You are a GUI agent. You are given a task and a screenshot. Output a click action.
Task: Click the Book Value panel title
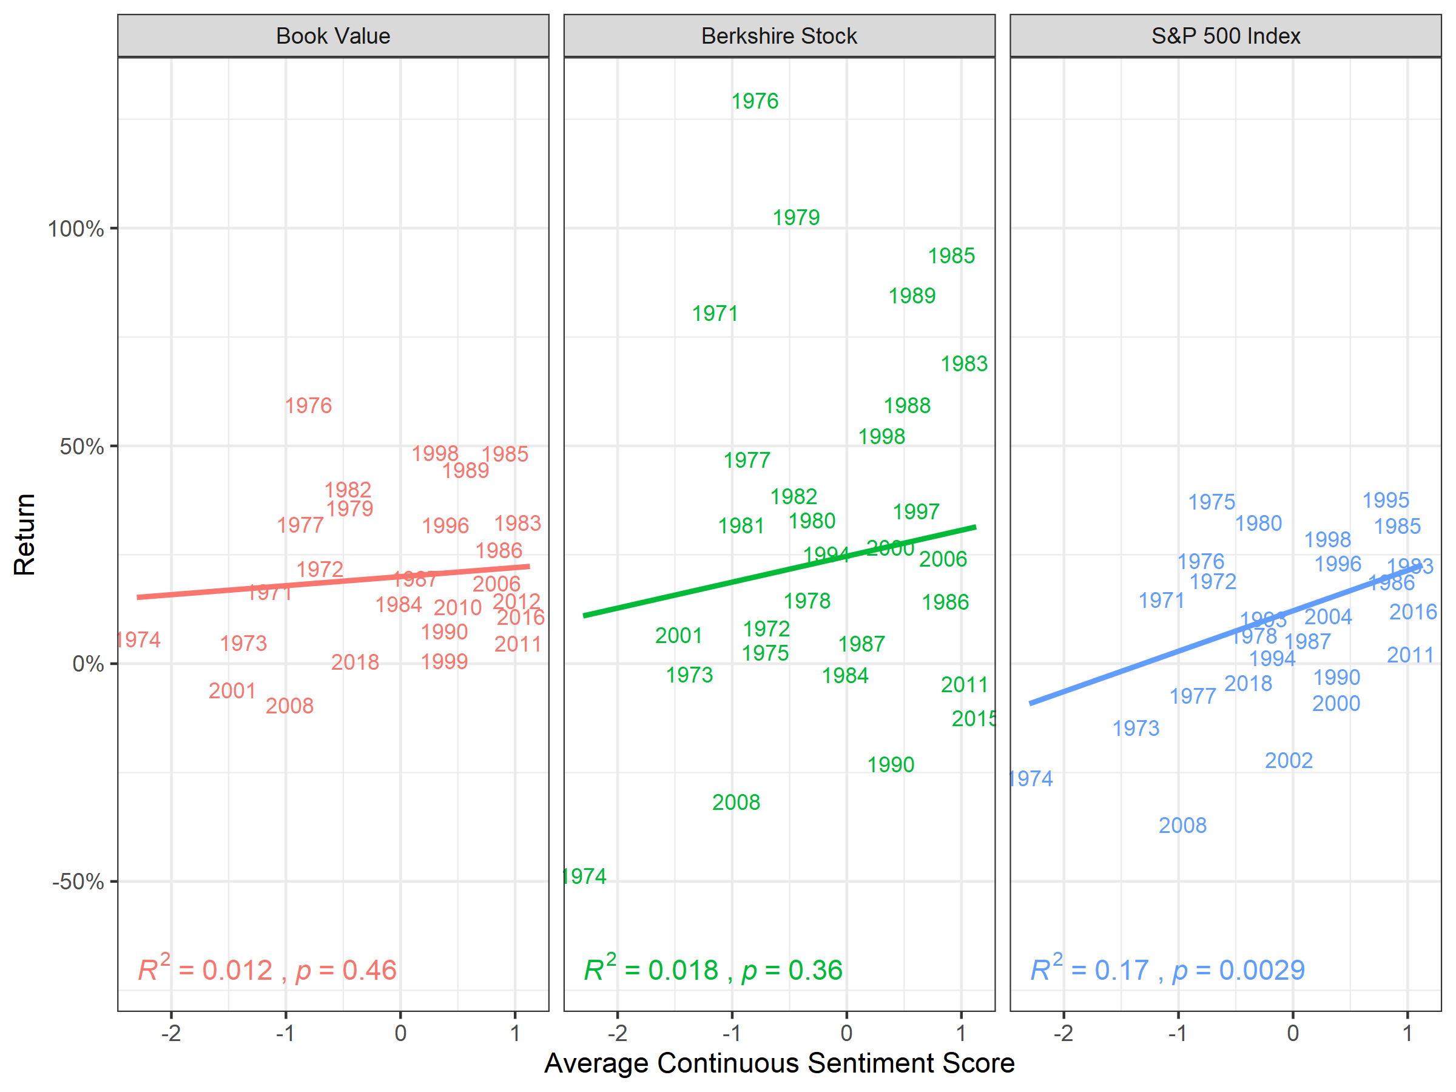(x=332, y=36)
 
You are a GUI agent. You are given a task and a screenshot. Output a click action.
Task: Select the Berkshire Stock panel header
(x=779, y=36)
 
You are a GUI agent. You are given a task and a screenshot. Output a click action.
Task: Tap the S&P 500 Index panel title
(x=1225, y=36)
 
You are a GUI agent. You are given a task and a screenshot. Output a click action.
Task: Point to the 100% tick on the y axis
(x=76, y=229)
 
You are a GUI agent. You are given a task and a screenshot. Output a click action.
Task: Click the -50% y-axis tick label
(x=78, y=881)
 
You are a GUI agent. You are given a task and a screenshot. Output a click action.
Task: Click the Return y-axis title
(x=24, y=534)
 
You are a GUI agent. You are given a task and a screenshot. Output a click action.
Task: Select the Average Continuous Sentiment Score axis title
(x=779, y=1063)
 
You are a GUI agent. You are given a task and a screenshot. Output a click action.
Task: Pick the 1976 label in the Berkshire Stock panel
(x=755, y=101)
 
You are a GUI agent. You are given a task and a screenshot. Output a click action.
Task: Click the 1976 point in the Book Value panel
(x=308, y=405)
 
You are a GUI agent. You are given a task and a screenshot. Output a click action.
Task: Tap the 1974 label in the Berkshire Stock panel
(x=584, y=876)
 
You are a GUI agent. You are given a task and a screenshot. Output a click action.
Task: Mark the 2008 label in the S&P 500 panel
(x=1182, y=826)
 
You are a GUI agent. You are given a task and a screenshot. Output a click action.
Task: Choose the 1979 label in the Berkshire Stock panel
(x=796, y=217)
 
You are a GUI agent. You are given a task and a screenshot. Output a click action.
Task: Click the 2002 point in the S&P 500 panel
(x=1288, y=761)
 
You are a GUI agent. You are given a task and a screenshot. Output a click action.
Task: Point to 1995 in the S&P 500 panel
(x=1385, y=500)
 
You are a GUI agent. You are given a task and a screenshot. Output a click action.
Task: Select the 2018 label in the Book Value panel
(x=355, y=662)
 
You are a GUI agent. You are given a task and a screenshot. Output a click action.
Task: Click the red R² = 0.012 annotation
(x=204, y=969)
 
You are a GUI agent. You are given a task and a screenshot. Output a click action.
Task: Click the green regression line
(x=779, y=571)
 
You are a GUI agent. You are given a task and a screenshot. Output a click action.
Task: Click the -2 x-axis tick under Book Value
(x=171, y=1033)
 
